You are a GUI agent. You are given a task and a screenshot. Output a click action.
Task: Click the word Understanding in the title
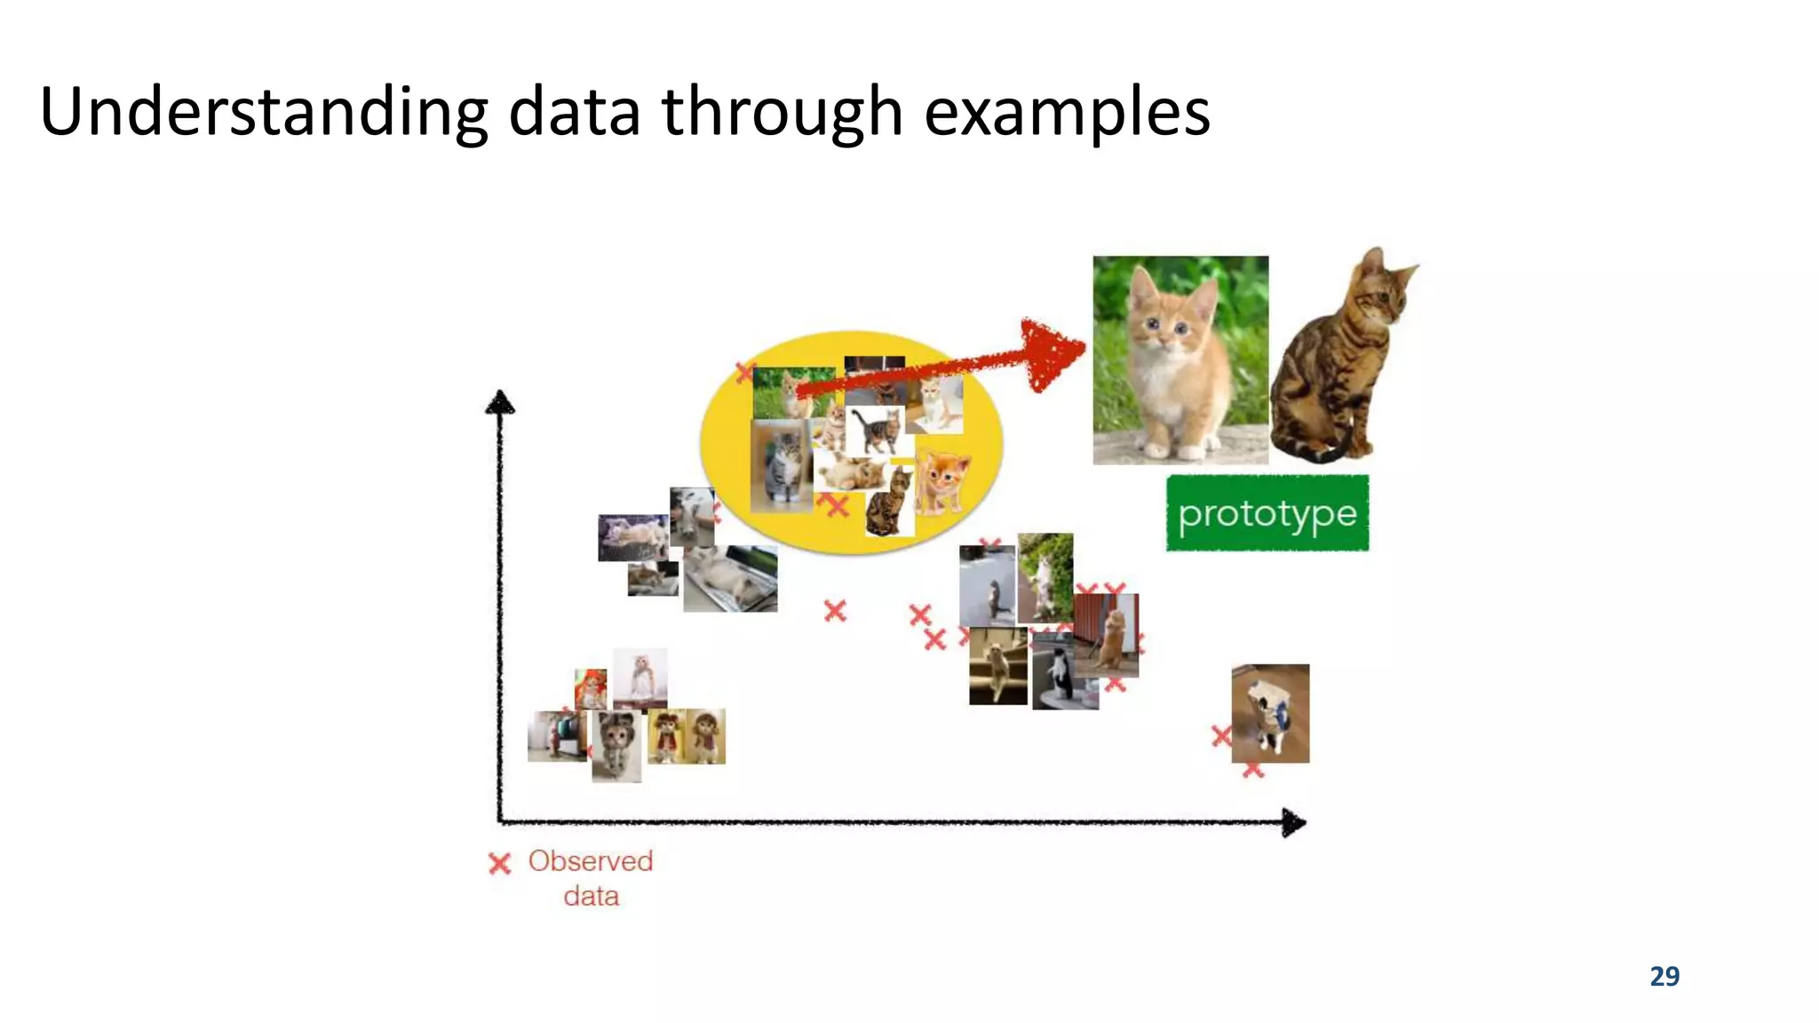point(264,112)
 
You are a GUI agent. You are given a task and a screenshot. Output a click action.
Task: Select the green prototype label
point(1267,513)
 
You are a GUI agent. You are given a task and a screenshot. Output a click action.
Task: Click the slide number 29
point(1664,976)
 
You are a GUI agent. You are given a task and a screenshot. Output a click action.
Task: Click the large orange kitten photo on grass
point(1180,360)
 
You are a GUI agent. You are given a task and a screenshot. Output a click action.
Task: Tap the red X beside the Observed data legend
point(500,863)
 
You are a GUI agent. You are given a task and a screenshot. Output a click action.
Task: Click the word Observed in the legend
point(591,860)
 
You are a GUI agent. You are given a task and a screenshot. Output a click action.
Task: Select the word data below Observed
point(591,896)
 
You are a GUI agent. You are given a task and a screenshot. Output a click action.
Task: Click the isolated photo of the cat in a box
point(1270,713)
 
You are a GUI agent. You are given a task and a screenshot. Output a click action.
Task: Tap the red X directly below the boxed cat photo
point(1253,769)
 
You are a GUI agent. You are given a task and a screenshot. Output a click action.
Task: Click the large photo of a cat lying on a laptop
point(730,578)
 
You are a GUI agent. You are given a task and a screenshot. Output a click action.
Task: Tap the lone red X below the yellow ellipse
point(835,611)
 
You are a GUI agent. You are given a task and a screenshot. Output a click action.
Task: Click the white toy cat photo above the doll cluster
point(639,678)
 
